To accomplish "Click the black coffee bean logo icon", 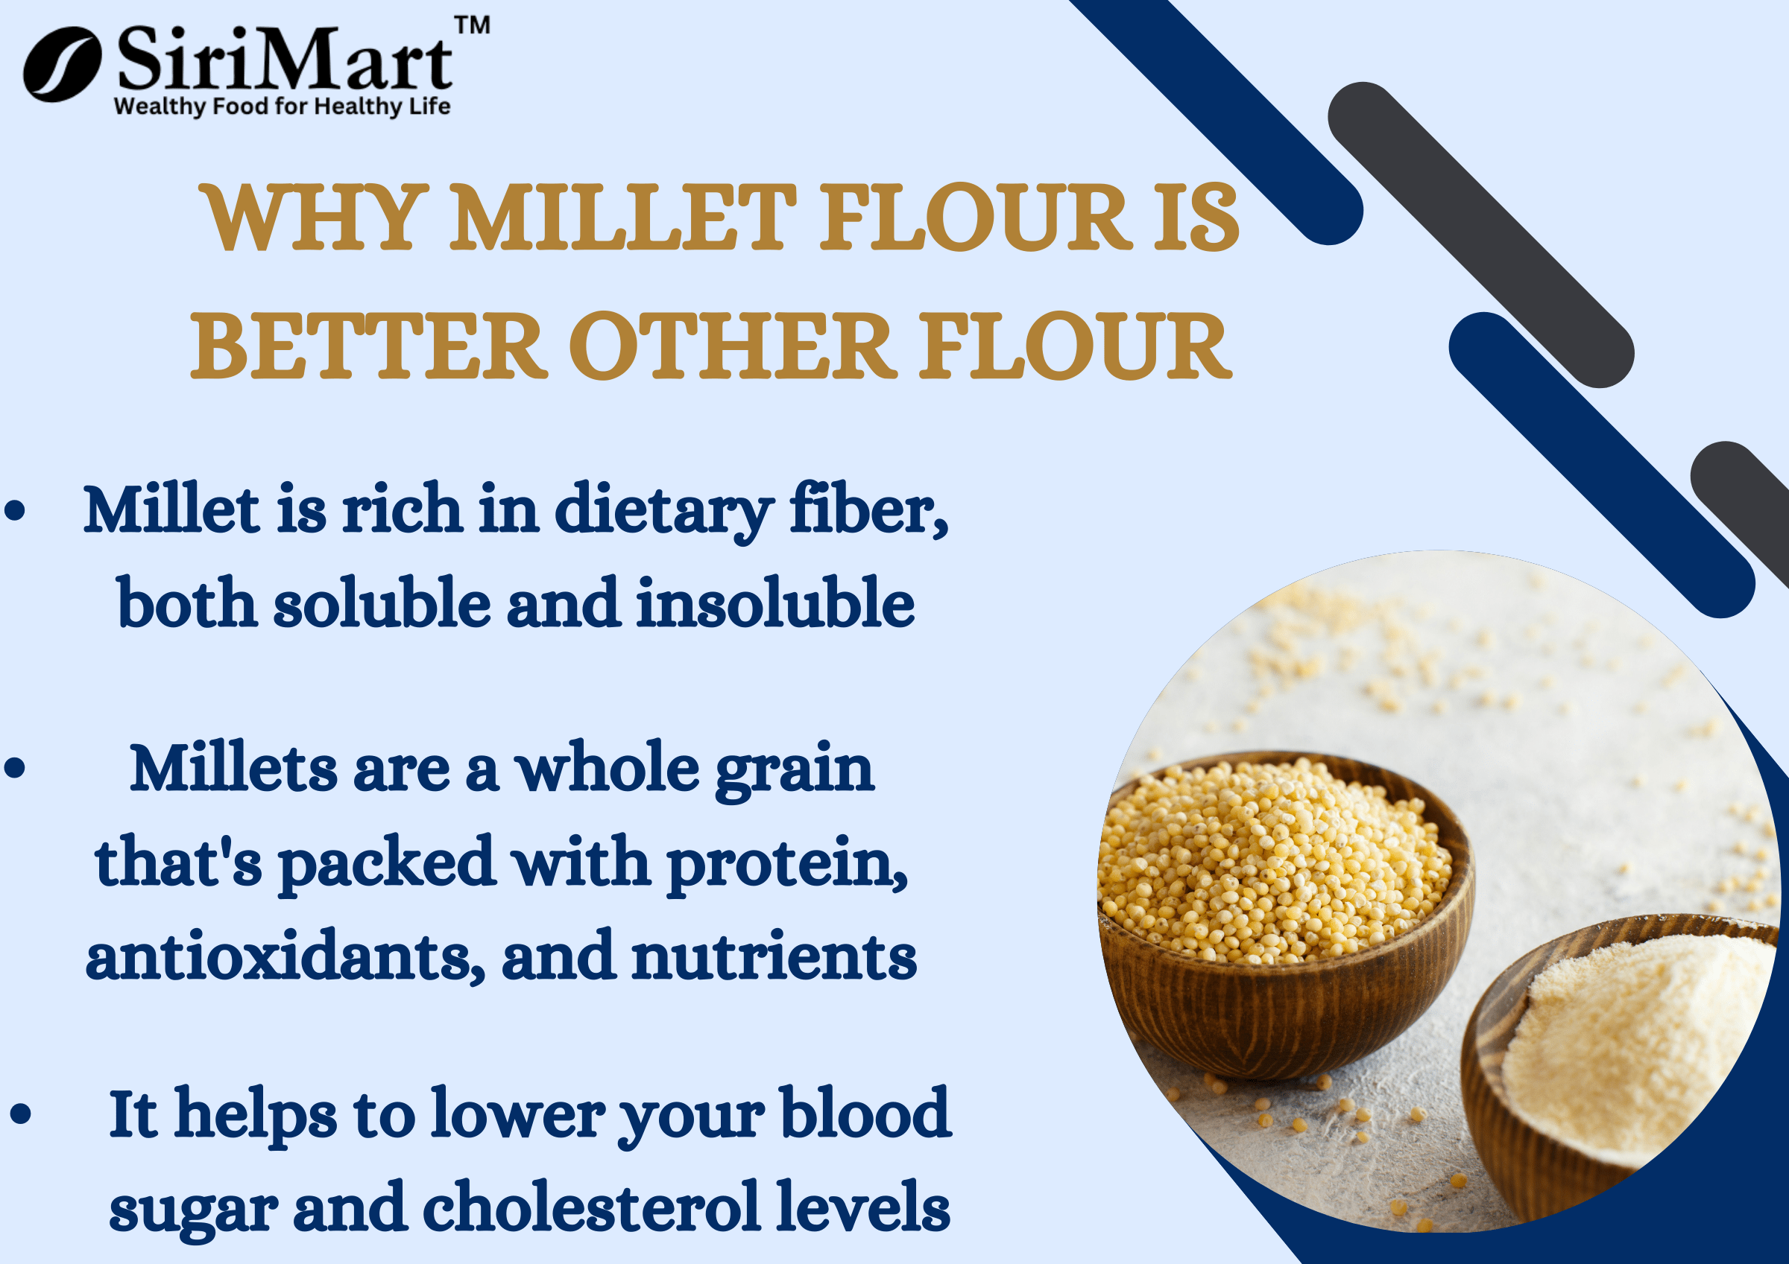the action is (63, 65).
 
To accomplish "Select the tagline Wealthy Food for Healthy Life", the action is (282, 107).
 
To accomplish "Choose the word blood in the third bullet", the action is (865, 1113).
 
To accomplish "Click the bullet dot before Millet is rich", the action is (15, 512).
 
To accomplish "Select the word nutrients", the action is (774, 957).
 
